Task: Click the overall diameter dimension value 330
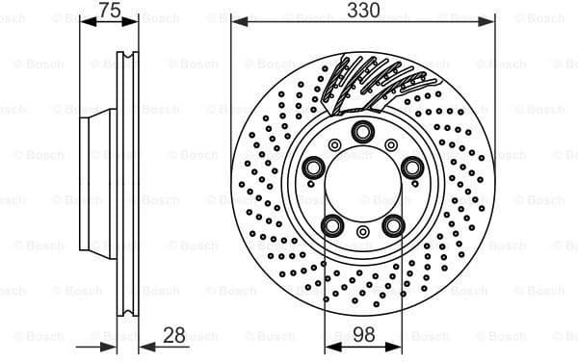tap(363, 10)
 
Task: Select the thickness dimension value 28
tap(174, 335)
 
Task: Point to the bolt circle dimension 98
tap(362, 335)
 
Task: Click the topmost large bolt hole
tap(362, 132)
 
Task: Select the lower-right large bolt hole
tap(392, 224)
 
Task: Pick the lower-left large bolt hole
tap(332, 224)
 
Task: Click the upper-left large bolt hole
tap(314, 167)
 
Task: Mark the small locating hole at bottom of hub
tap(362, 232)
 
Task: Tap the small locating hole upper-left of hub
tap(334, 144)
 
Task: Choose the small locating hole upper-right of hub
tap(390, 144)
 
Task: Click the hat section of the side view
tap(96, 183)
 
